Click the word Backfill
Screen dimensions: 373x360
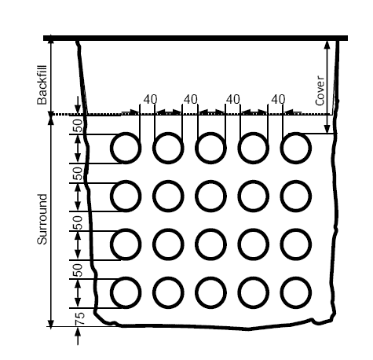coord(42,85)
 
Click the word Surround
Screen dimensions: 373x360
coord(42,219)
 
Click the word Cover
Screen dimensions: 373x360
coord(320,90)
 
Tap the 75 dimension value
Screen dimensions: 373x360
coord(80,318)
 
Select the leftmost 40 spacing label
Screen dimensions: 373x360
coord(151,99)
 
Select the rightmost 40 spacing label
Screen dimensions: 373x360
coord(278,99)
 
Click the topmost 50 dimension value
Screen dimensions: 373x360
coord(78,126)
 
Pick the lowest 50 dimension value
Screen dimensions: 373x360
coord(78,270)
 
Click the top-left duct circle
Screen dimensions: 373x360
coord(126,134)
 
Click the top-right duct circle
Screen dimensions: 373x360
coord(296,134)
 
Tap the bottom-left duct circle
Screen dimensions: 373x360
coord(126,278)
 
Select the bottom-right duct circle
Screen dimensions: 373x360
coord(296,278)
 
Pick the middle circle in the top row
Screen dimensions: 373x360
coord(210,134)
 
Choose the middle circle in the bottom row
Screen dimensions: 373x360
coord(210,278)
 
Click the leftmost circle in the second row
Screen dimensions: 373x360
coord(126,182)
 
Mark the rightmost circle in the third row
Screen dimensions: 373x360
coord(296,230)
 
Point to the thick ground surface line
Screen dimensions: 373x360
coord(196,39)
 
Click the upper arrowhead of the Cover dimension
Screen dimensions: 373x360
coord(327,45)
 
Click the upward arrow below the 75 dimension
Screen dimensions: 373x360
coord(78,336)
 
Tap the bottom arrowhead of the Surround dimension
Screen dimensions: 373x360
coord(51,323)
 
